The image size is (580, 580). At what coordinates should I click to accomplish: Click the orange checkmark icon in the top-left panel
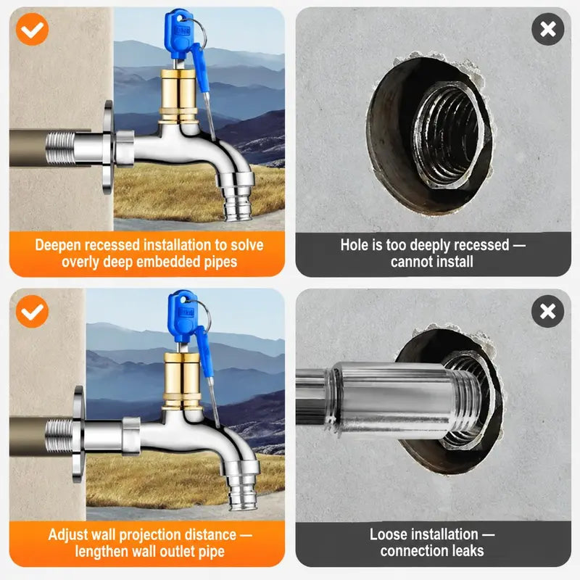coord(32,29)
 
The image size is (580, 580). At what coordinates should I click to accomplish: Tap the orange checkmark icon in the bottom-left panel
coord(32,312)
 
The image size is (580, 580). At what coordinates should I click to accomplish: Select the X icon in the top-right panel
coord(548,29)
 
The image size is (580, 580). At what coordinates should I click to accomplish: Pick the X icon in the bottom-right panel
coord(548,312)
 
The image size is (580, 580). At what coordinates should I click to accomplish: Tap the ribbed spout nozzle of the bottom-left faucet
coord(242,492)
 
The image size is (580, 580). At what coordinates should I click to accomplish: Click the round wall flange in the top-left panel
coord(107,147)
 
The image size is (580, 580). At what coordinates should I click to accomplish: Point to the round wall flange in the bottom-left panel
coord(78,434)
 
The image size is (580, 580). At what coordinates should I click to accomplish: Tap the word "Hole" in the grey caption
coord(354,245)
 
